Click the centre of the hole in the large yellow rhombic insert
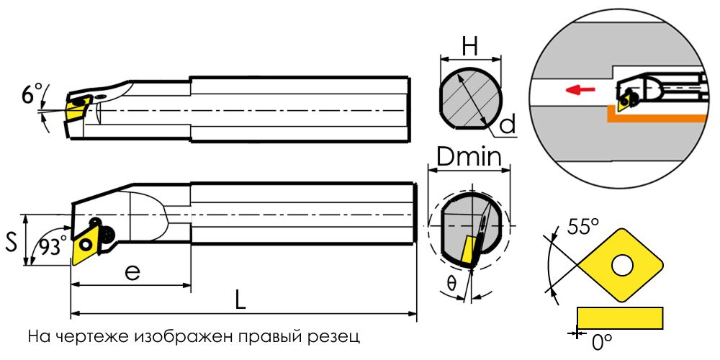(622, 265)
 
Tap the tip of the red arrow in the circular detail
(565, 89)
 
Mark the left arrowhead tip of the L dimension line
(71, 314)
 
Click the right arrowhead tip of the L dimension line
(417, 314)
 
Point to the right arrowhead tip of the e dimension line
(191, 285)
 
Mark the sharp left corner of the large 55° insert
(577, 265)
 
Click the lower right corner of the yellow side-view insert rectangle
(662, 329)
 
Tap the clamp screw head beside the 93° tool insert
(109, 234)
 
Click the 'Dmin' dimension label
(469, 158)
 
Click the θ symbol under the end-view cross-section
(451, 284)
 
